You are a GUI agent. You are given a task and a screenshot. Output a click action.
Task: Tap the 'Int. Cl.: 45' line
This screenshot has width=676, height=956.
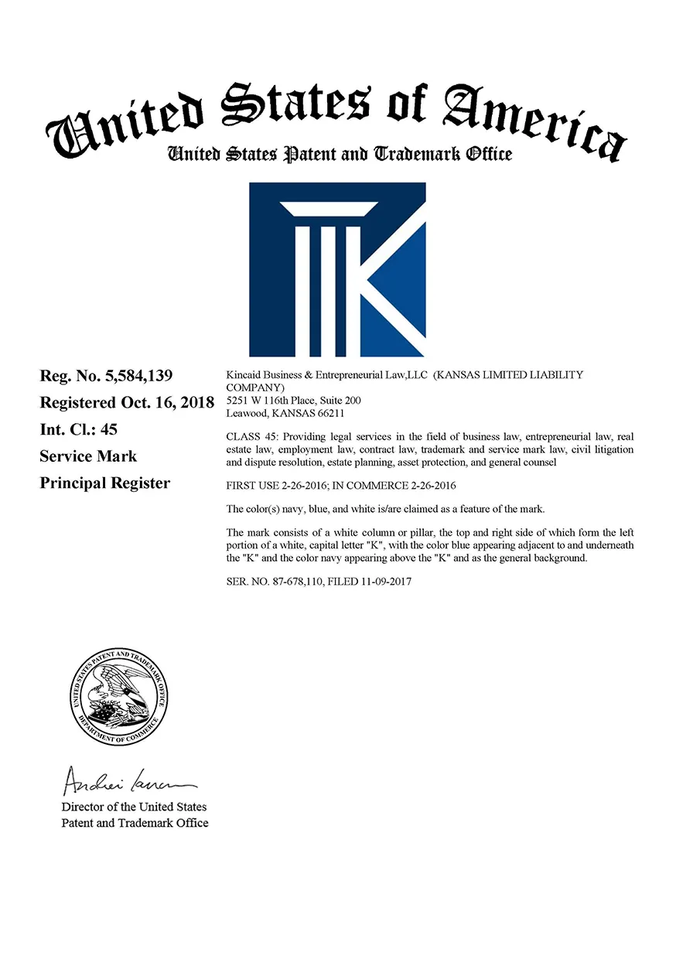[x=79, y=429]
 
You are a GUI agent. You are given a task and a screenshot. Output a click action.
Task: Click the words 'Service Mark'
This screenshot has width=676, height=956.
[x=88, y=456]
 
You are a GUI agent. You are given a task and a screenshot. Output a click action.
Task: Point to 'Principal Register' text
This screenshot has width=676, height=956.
[x=104, y=483]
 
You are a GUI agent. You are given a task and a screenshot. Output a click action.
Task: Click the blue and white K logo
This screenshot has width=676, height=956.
[x=337, y=269]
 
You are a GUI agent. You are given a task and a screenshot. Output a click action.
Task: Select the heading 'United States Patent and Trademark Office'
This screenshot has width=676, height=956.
[x=340, y=154]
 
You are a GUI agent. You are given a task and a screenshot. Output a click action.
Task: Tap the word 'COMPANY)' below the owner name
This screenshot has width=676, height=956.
[x=254, y=388]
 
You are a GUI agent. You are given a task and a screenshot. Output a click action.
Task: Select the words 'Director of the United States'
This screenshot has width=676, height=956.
[x=134, y=807]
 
